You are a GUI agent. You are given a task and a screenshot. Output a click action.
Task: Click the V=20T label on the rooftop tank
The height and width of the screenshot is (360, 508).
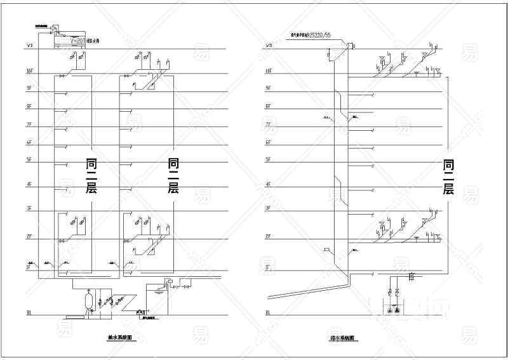(77, 40)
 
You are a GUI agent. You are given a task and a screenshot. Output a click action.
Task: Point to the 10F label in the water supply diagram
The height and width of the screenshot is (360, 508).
(29, 71)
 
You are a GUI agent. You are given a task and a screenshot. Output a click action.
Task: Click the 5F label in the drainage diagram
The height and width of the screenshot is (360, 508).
(269, 159)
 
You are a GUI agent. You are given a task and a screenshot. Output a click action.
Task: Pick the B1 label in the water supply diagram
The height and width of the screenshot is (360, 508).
(29, 312)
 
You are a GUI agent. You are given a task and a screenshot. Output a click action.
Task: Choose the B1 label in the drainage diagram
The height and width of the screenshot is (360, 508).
(269, 312)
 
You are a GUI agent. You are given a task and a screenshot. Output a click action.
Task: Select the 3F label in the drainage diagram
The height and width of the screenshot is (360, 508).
(269, 208)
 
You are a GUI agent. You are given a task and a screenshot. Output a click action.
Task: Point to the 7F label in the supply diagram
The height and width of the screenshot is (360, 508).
(29, 124)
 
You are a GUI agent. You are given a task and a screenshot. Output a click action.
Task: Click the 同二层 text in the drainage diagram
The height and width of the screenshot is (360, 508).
(448, 178)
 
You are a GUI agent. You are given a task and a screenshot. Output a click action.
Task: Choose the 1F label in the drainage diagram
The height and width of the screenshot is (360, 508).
(269, 268)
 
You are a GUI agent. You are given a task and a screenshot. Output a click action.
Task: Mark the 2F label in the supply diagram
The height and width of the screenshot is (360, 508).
(29, 236)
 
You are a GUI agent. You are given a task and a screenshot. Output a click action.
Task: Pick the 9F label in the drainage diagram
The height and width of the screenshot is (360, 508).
(269, 88)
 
